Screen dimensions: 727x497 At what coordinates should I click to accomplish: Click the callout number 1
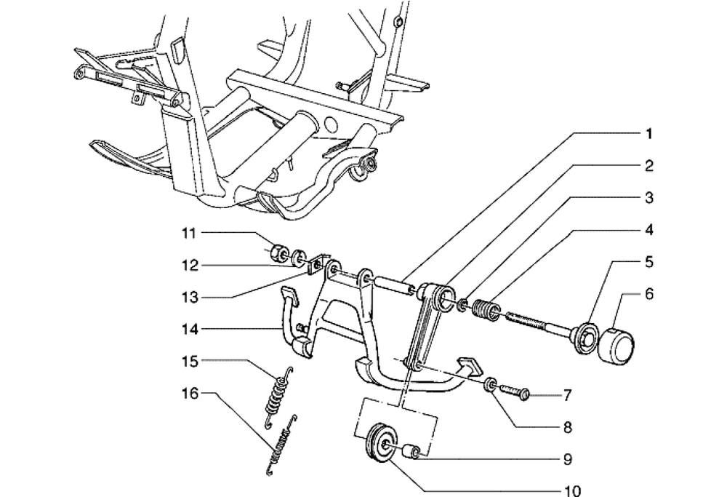point(649,134)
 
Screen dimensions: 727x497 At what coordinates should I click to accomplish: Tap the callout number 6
point(648,294)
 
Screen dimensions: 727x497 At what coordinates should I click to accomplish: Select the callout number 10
point(572,490)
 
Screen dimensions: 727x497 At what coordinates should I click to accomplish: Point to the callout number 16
point(190,394)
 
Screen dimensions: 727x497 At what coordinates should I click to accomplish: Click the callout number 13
point(190,297)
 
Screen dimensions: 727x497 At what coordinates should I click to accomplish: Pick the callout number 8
point(568,427)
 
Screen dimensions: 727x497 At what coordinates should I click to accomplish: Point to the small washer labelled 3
point(462,306)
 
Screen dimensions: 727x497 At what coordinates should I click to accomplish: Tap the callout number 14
point(190,330)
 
